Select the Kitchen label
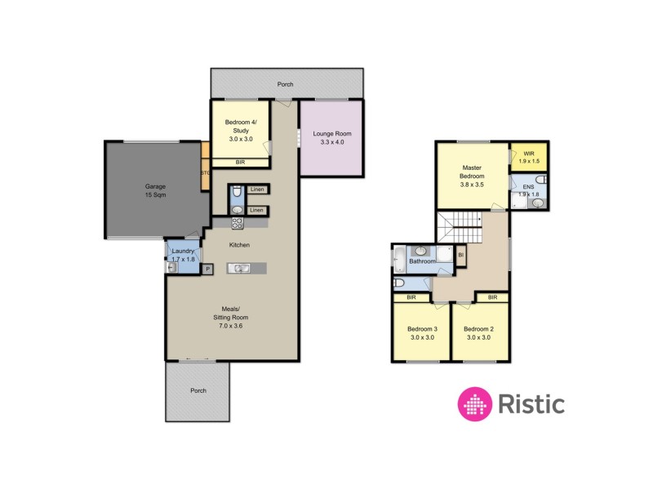pyautogui.click(x=239, y=245)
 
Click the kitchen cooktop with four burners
pyautogui.click(x=238, y=222)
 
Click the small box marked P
pyautogui.click(x=207, y=269)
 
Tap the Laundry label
pyautogui.click(x=183, y=254)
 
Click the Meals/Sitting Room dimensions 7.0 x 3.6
pyautogui.click(x=229, y=326)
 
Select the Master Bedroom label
pyautogui.click(x=473, y=176)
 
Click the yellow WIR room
pyautogui.click(x=528, y=156)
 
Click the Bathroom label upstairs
pyautogui.click(x=422, y=261)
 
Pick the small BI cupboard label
pyautogui.click(x=461, y=255)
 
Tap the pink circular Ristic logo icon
pyautogui.click(x=474, y=403)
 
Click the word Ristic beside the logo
pyautogui.click(x=531, y=403)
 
